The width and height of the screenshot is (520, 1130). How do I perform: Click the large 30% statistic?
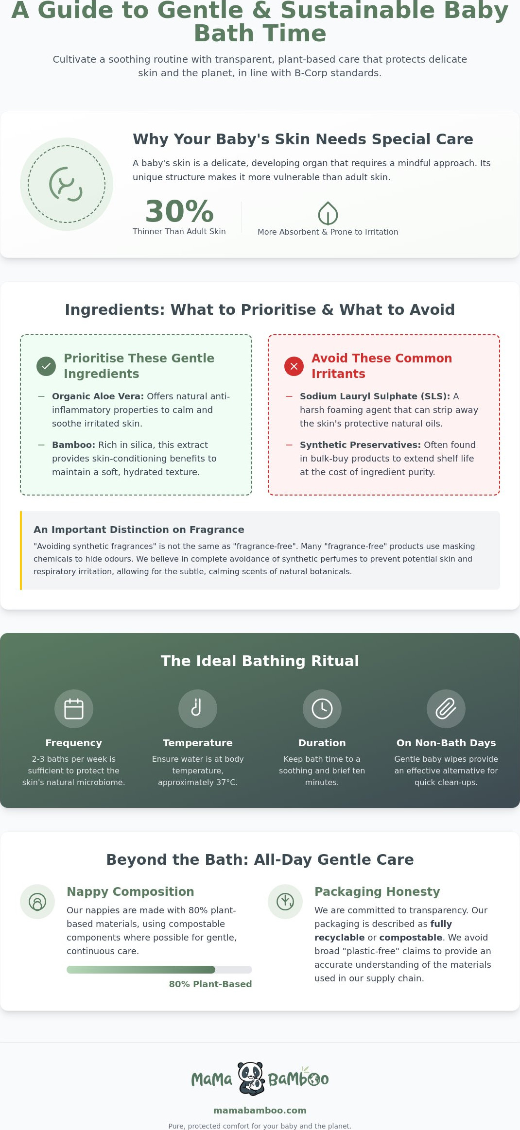point(179,211)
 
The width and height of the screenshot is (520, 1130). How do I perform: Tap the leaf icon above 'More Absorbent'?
point(328,213)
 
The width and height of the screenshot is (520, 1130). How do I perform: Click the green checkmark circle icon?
point(46,366)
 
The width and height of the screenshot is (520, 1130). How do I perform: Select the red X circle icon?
point(294,366)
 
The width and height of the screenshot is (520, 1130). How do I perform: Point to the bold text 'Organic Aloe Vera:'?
point(98,396)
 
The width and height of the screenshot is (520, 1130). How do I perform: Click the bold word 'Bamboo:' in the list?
point(74,445)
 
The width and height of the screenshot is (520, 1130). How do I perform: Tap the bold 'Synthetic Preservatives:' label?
point(360,445)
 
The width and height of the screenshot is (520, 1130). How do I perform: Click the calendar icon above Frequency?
point(74,709)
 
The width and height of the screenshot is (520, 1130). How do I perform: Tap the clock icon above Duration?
point(322,709)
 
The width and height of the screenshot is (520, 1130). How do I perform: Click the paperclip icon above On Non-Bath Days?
point(446,709)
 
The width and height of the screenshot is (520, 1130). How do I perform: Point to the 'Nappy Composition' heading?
point(130,891)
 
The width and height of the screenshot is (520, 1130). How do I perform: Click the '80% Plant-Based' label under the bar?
point(210,984)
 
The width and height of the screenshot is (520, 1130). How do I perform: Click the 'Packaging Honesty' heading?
point(377,891)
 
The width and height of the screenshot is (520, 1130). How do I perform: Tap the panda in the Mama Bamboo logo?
point(251,1079)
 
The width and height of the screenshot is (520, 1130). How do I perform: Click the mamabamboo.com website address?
point(260,1111)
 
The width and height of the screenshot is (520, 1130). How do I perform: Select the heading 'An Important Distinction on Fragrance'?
point(139,530)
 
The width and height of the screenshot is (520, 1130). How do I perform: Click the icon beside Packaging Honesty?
point(285,902)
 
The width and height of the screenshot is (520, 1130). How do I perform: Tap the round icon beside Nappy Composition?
point(37,902)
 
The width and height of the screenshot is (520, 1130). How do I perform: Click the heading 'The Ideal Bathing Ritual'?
point(260,661)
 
